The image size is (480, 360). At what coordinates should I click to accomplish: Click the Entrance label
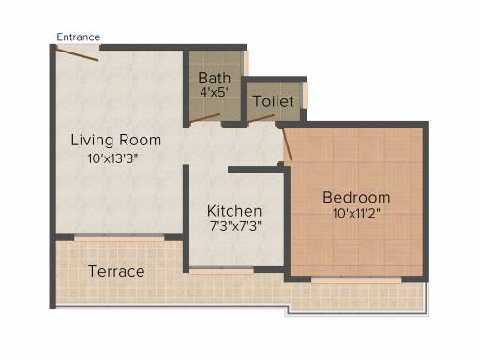coord(79,37)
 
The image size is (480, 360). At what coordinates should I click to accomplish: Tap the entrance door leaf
coord(77,53)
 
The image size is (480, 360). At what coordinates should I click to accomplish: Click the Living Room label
coord(116,141)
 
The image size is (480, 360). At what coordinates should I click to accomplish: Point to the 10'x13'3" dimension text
coord(112,158)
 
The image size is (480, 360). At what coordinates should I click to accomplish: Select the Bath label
coord(215,78)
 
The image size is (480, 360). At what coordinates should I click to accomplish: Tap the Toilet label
coord(274,101)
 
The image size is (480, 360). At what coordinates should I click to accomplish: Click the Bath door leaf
coord(205,118)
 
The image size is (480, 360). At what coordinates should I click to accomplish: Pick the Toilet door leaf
coord(262,118)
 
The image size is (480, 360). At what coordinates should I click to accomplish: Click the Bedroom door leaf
coord(287,144)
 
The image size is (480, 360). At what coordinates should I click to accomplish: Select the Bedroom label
coord(356,198)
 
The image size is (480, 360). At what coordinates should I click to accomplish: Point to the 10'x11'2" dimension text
coord(356,214)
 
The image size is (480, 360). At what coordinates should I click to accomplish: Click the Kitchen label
coord(234,211)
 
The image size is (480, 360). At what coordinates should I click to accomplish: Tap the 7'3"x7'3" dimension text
coord(235,226)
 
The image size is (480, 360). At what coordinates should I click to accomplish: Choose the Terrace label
coord(116,271)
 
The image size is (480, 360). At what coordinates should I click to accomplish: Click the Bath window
coord(246,63)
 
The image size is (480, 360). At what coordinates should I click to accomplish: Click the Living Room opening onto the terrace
coord(119,238)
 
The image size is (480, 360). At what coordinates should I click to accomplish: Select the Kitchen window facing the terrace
coord(222,271)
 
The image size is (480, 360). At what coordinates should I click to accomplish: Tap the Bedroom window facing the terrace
coord(356,280)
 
